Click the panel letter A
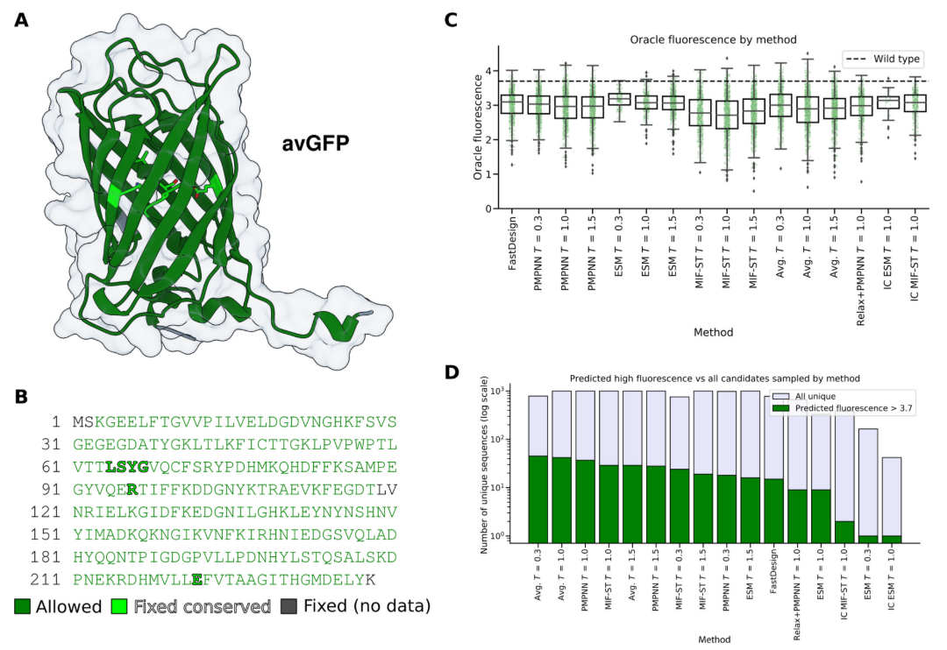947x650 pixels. point(20,18)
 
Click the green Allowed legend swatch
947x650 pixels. point(22,604)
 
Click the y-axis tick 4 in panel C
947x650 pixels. point(496,71)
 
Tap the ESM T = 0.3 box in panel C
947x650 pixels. point(619,99)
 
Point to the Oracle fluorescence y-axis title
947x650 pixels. point(478,128)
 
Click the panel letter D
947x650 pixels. point(453,371)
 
